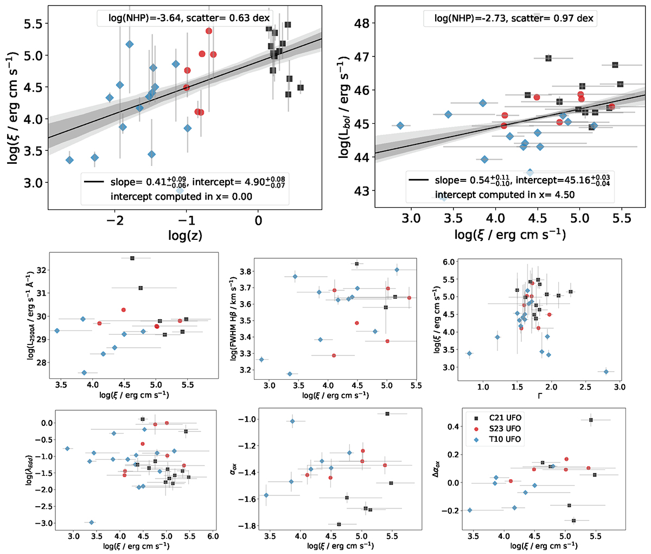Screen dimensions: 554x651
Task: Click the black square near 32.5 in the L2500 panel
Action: click(x=132, y=258)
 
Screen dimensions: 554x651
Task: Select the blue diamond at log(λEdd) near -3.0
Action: click(x=91, y=523)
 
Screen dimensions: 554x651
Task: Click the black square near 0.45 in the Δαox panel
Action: click(x=591, y=420)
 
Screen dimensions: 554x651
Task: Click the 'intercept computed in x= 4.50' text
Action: click(x=505, y=194)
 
